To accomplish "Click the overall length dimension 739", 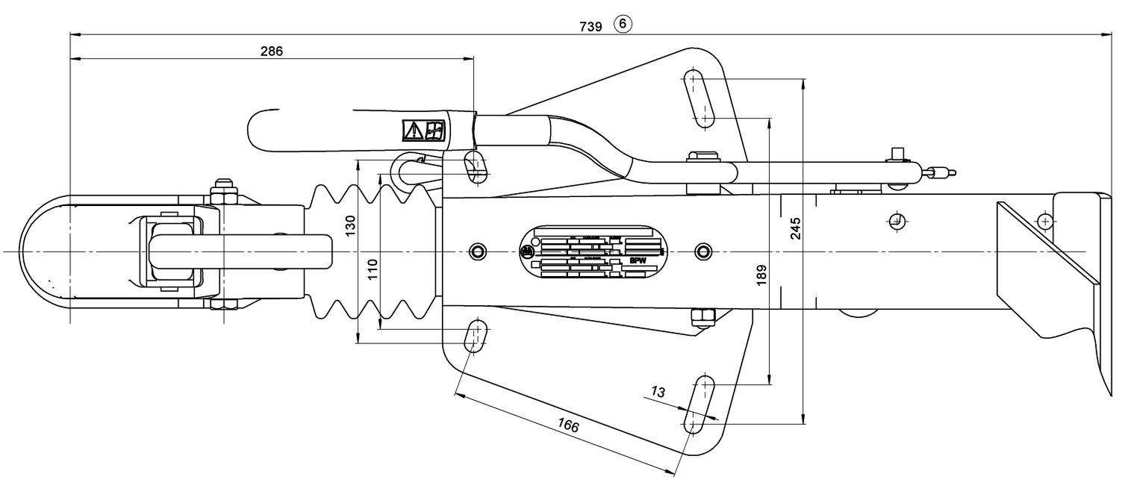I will [591, 26].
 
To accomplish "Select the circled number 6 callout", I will [623, 25].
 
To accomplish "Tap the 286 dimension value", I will [272, 51].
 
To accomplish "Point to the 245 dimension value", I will [795, 228].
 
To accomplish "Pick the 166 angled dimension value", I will [568, 426].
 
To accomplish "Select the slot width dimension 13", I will [658, 392].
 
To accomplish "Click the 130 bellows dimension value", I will [352, 225].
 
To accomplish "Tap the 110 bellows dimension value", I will [374, 267].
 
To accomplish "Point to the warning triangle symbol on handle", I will [412, 131].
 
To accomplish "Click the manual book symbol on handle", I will [434, 131].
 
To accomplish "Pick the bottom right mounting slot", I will [700, 404].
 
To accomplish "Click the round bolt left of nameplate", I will [476, 250].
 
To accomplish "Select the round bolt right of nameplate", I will [702, 250].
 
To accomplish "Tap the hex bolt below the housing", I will [702, 318].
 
